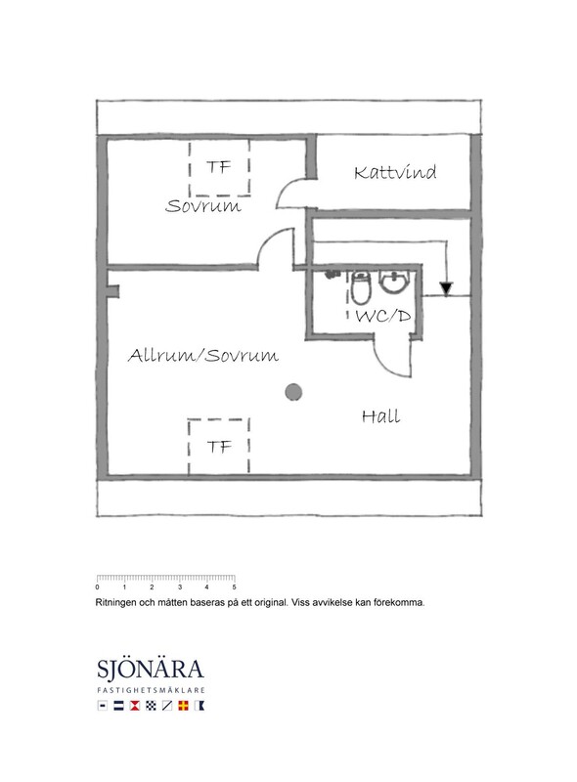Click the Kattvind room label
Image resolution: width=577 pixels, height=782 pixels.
[x=395, y=172]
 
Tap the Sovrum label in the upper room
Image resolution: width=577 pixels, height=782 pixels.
[x=203, y=205]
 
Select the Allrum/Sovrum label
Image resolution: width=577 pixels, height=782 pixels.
[x=203, y=355]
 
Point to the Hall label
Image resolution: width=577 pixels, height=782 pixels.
[x=380, y=416]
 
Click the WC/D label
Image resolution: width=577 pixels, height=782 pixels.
[x=382, y=315]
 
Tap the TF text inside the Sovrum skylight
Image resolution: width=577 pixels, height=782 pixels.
[x=218, y=167]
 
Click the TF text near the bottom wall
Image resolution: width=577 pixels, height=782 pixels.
[x=219, y=447]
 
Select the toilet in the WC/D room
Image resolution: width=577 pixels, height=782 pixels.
[x=360, y=287]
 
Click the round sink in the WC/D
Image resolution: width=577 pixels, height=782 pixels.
[x=394, y=282]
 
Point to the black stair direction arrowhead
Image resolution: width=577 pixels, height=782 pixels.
[x=446, y=288]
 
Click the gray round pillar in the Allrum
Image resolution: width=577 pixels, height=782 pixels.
[x=293, y=392]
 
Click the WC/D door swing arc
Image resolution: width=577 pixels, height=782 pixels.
[x=385, y=363]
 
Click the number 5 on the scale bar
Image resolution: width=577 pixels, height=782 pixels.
[x=234, y=587]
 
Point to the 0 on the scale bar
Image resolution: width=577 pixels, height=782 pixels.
[x=98, y=587]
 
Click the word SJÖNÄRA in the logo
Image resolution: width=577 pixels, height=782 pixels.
[x=151, y=670]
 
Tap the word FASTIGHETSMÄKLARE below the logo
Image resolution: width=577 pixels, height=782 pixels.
[x=151, y=691]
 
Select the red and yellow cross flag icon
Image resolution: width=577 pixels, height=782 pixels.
[x=183, y=706]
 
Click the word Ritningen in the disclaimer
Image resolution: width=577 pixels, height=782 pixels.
[x=115, y=602]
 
